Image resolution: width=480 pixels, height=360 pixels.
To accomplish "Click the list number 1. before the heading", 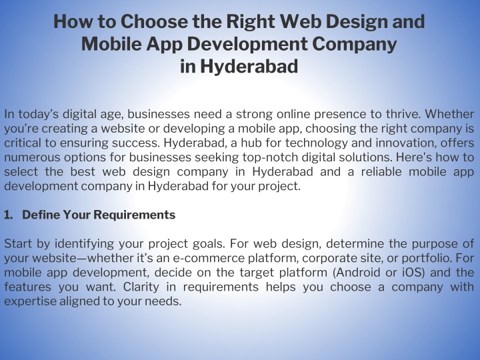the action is (x=9, y=215).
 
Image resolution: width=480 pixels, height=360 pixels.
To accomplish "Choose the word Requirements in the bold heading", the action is (x=134, y=215).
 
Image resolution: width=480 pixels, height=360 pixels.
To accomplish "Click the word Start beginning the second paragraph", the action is (x=18, y=244).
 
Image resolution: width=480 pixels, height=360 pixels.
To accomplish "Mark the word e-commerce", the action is (x=209, y=259).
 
